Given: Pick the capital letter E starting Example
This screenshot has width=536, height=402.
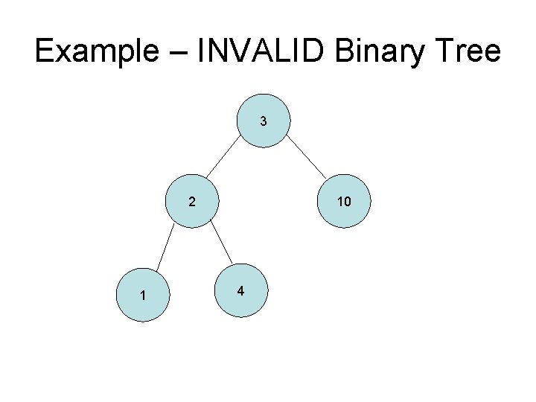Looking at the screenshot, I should [x=43, y=52].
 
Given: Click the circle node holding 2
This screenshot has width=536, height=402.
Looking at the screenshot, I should [x=192, y=201].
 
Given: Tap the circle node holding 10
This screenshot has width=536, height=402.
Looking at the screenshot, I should [x=343, y=201].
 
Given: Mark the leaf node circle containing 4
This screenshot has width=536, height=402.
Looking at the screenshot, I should [x=239, y=290].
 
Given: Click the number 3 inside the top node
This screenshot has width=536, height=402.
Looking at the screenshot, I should [x=263, y=121].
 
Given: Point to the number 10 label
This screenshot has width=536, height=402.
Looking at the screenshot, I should [x=343, y=202].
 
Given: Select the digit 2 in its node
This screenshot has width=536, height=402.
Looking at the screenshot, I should [x=192, y=202].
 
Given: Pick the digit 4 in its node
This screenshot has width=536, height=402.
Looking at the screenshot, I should [x=239, y=291].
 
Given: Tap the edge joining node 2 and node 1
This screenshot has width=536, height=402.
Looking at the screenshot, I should [x=166, y=247].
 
